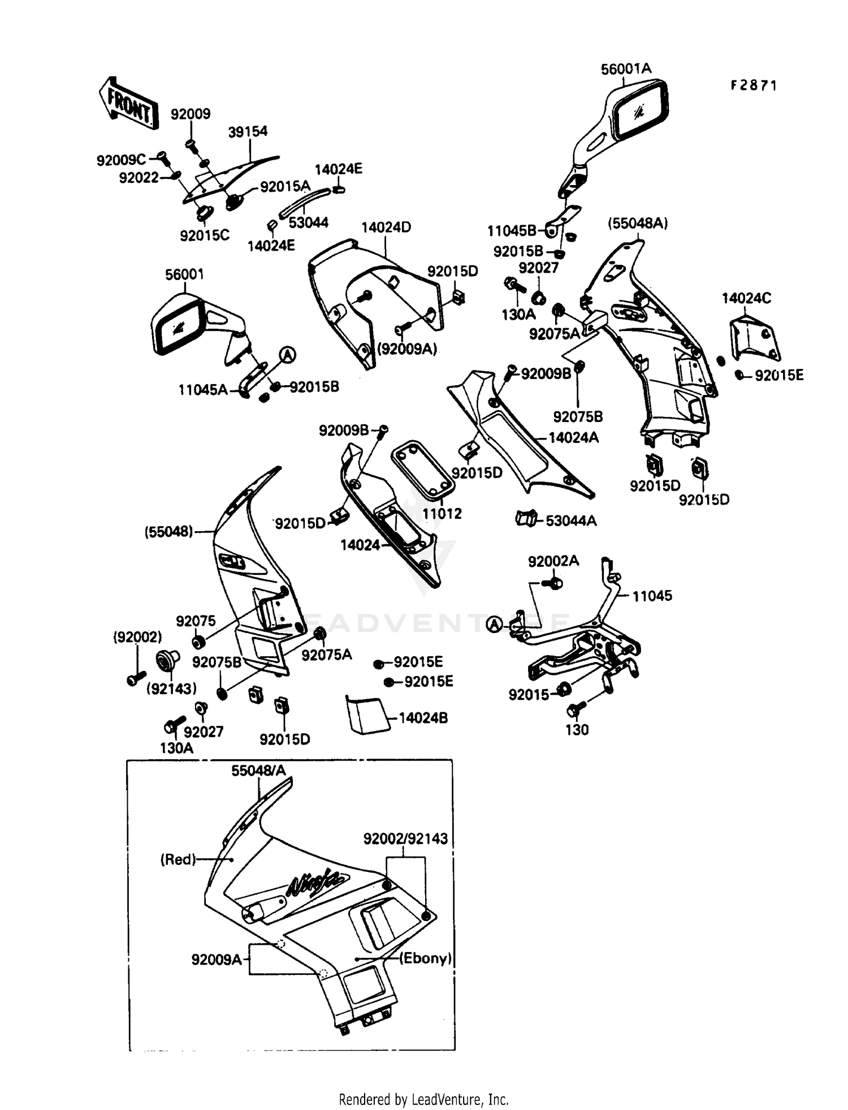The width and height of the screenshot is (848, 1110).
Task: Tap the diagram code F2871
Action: pyautogui.click(x=754, y=85)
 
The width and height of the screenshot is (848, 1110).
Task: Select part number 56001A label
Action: pyautogui.click(x=625, y=69)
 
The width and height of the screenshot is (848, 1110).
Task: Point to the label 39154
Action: pyautogui.click(x=248, y=132)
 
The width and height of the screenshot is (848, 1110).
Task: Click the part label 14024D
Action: pyautogui.click(x=386, y=227)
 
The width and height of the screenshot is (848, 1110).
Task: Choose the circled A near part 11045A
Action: pyautogui.click(x=288, y=355)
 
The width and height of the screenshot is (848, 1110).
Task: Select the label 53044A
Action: pyautogui.click(x=570, y=520)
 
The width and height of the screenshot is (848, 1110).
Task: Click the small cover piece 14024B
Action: pyautogui.click(x=365, y=715)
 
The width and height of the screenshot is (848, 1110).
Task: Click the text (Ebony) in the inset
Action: pyautogui.click(x=425, y=958)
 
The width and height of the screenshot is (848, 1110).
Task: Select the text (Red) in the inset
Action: pyautogui.click(x=178, y=859)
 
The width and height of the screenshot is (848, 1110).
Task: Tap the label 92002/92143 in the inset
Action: pyautogui.click(x=405, y=838)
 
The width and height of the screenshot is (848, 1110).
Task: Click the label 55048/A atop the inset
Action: pyautogui.click(x=258, y=771)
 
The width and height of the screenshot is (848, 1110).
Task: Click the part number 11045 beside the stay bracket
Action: pyautogui.click(x=652, y=596)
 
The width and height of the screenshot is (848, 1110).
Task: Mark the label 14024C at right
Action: pyautogui.click(x=746, y=298)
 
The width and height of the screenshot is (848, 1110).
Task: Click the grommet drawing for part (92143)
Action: pyautogui.click(x=167, y=661)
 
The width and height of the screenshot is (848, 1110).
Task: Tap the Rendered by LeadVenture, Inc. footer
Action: pyautogui.click(x=423, y=1099)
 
